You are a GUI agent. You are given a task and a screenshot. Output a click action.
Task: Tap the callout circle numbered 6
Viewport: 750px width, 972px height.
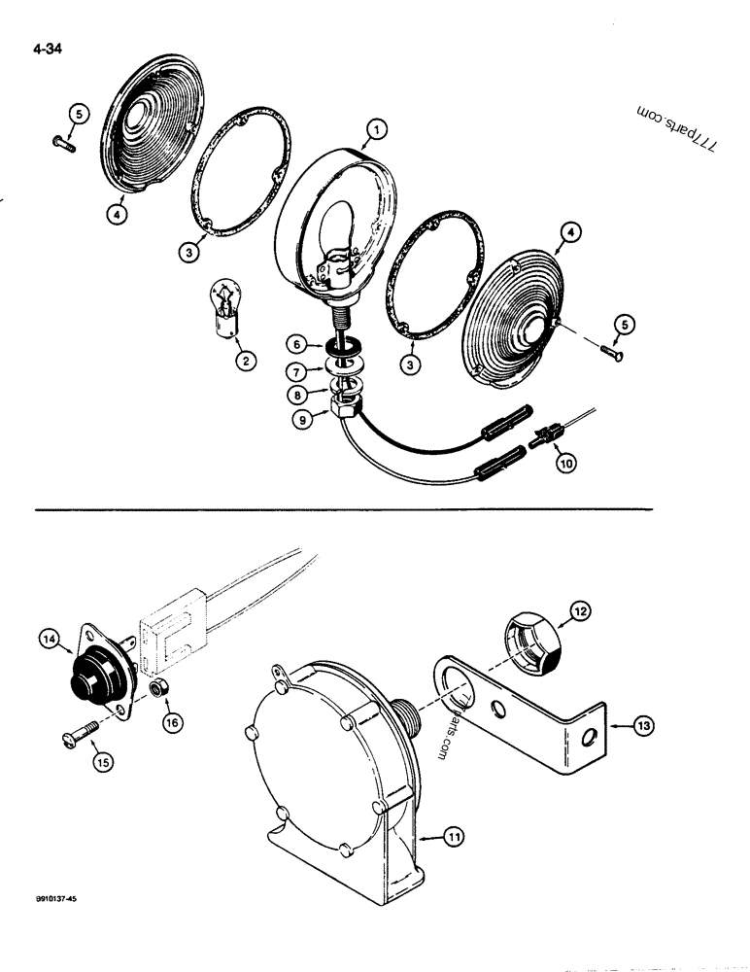[298, 343]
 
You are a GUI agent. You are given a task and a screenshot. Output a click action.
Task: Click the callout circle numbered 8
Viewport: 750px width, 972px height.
[298, 396]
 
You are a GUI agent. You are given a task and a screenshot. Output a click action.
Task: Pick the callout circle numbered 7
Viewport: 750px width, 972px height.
[298, 369]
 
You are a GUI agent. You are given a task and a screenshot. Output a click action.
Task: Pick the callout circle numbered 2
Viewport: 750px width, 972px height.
[245, 362]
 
